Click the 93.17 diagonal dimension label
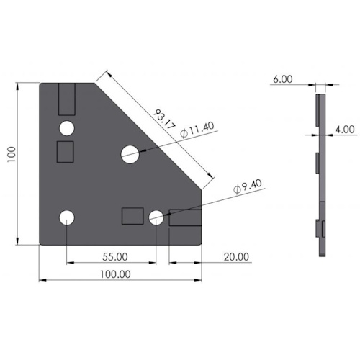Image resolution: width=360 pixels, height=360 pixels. coord(164,120)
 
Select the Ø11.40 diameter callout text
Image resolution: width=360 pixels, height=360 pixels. coord(197,130)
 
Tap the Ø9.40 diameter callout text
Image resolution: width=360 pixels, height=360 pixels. coord(248,186)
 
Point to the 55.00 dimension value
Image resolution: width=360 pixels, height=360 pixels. coord(115,257)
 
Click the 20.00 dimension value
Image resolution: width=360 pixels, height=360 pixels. coord(236,257)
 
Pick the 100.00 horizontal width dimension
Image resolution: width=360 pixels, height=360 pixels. coord(115,274)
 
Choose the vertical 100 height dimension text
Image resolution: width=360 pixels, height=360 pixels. coord(12,155)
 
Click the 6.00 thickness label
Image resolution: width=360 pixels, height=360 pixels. coord(283,79)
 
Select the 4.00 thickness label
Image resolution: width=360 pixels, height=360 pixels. coord(345,130)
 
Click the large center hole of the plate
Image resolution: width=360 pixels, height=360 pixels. coord(130,154)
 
